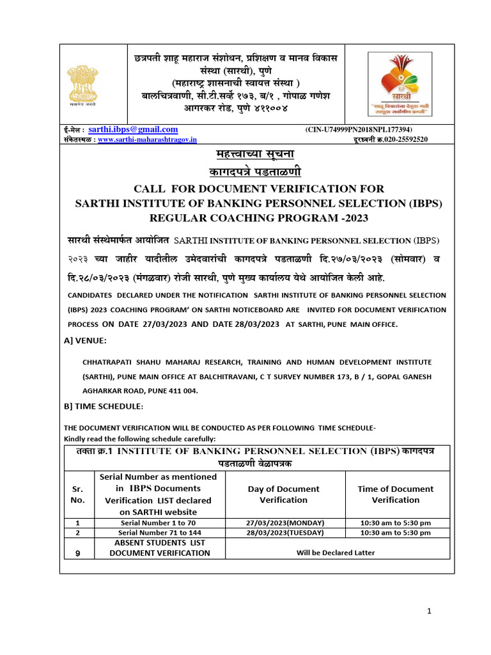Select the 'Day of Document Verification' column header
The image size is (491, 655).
click(x=283, y=494)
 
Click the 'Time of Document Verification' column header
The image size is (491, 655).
click(x=396, y=494)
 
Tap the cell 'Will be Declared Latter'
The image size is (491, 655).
click(x=335, y=553)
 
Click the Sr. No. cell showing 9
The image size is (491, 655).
click(x=77, y=554)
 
